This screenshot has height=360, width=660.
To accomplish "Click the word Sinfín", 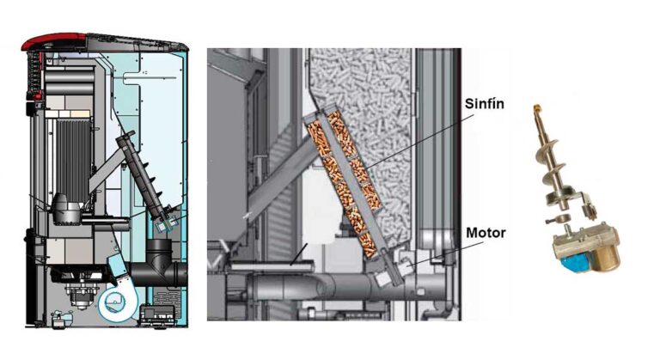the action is [484, 104].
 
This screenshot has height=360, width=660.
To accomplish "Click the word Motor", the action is [486, 233].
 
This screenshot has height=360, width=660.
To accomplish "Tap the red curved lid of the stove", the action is [55, 42].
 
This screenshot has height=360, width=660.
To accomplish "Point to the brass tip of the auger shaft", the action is [536, 108].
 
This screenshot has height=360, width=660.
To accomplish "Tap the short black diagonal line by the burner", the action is [298, 254].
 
